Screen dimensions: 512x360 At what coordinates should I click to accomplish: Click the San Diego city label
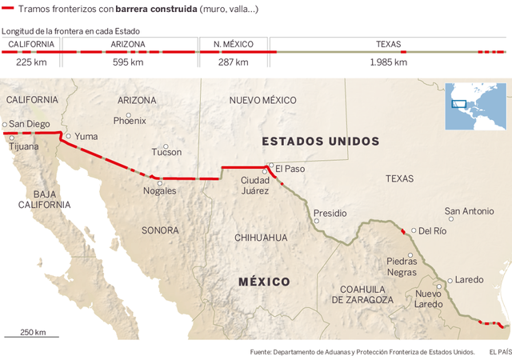pos(29,124)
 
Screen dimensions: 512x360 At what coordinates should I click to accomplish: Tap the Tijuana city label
pos(23,146)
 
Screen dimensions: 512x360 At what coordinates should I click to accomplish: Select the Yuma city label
pos(86,136)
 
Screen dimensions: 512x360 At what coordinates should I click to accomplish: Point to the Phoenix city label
pos(130,121)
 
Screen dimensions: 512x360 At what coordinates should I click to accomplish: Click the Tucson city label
pos(166,151)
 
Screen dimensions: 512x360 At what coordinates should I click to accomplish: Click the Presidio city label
pos(330,214)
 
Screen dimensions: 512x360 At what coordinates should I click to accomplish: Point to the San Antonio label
pos(470,211)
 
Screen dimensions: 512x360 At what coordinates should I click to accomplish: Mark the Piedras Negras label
pos(402,266)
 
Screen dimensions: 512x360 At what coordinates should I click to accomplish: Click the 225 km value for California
pos(30,62)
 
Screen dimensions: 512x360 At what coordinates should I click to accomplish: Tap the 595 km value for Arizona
pos(128,62)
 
